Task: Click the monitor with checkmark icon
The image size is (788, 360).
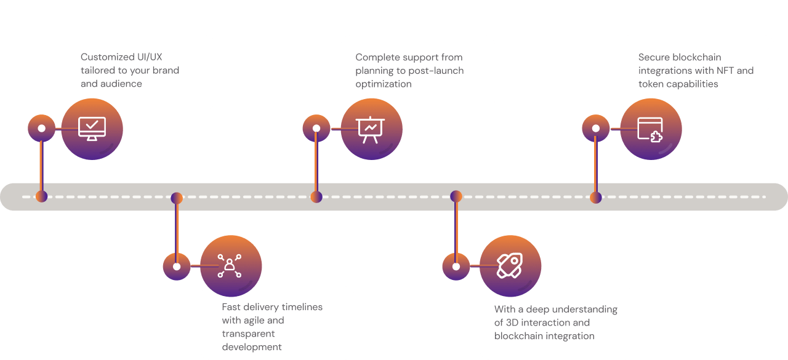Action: [x=92, y=129]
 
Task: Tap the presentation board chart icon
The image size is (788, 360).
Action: [x=371, y=129]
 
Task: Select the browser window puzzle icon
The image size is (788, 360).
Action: [x=650, y=129]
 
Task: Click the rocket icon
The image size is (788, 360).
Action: [x=510, y=266]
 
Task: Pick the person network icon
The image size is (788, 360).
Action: [x=230, y=266]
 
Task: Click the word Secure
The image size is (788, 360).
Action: [x=654, y=57]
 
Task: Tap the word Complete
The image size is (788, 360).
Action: [x=377, y=57]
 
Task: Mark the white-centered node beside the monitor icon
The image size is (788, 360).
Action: [x=41, y=129]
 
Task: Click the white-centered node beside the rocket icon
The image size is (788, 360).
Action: [x=456, y=266]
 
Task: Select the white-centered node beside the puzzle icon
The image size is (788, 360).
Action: [x=595, y=129]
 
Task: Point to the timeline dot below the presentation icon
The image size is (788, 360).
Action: [x=316, y=197]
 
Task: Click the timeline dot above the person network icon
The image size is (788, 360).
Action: [x=177, y=198]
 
